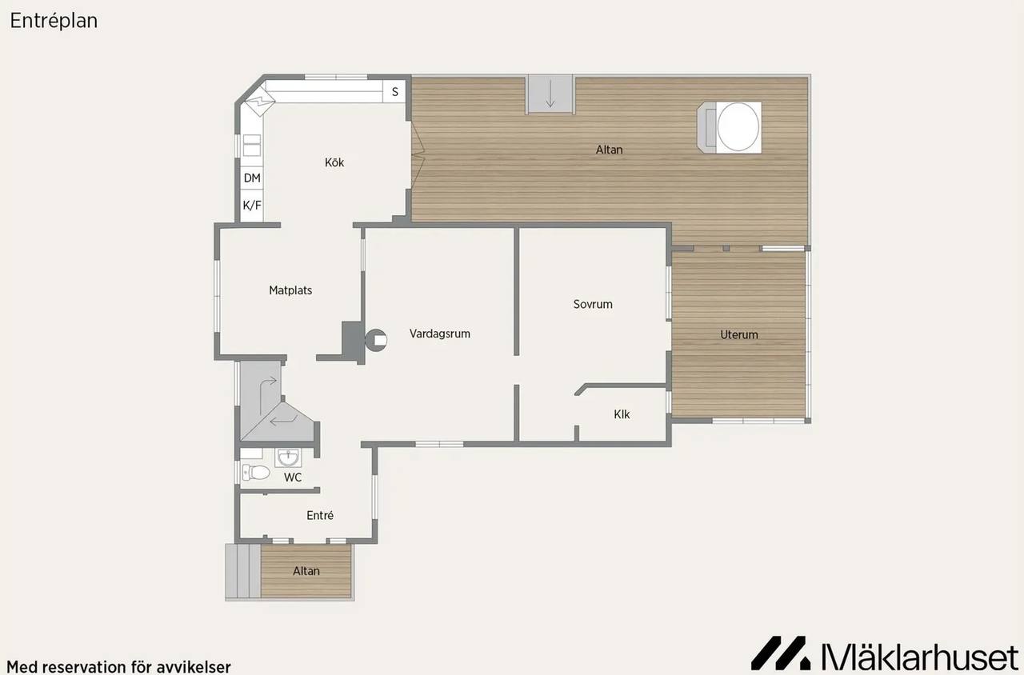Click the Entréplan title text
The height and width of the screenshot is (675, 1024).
tap(54, 21)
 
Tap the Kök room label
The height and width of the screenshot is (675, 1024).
tap(334, 162)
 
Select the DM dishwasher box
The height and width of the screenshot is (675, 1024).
tap(252, 178)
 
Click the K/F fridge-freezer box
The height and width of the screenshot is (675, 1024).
tap(252, 206)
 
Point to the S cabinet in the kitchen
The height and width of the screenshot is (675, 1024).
tap(394, 92)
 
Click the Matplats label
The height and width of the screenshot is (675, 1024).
tap(290, 290)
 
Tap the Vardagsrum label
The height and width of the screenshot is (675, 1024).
tap(440, 334)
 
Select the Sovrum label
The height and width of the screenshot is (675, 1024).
tap(593, 304)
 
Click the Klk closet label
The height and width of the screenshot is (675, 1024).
tap(622, 414)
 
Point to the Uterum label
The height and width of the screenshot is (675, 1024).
tap(739, 334)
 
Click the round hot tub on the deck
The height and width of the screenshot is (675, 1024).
tap(738, 126)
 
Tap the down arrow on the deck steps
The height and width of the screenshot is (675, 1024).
tap(550, 94)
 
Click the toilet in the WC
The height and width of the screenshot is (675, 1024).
tap(255, 473)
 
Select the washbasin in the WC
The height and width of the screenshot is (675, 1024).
tap(288, 457)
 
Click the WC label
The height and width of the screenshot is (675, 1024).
tap(293, 477)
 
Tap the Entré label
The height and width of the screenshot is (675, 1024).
tap(320, 516)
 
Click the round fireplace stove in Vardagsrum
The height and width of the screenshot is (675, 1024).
tap(376, 340)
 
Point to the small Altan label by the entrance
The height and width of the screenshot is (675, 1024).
tap(306, 571)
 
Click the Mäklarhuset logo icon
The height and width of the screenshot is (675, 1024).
tap(781, 653)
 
